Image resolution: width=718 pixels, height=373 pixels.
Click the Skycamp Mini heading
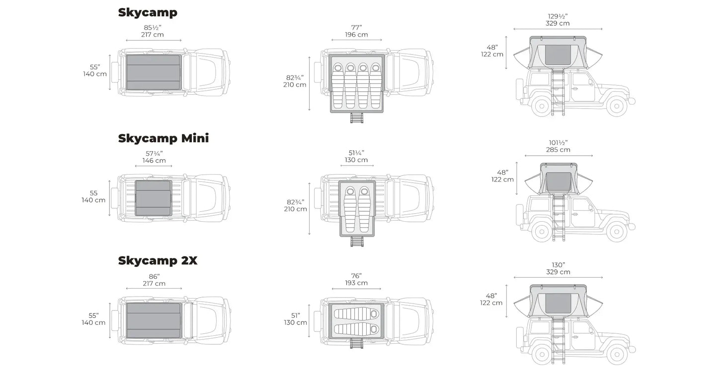(163, 138)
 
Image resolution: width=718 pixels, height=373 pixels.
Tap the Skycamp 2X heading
(158, 260)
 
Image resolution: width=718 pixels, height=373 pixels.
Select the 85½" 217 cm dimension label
(152, 31)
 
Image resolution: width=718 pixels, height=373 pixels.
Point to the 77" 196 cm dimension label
(356, 31)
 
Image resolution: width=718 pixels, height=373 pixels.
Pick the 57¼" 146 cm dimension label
(154, 157)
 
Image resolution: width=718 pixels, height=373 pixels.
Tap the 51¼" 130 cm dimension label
(356, 156)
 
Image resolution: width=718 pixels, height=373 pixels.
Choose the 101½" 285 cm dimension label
(558, 146)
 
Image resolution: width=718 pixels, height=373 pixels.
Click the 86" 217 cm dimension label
(154, 280)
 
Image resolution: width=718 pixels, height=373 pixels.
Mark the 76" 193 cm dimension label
(356, 279)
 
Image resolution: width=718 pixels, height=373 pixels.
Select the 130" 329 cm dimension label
(558, 268)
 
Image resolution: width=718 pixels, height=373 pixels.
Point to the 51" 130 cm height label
(295, 318)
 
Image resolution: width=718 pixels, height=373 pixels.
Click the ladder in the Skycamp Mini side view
(558, 218)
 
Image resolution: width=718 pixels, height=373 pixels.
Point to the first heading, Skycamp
(148, 12)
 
